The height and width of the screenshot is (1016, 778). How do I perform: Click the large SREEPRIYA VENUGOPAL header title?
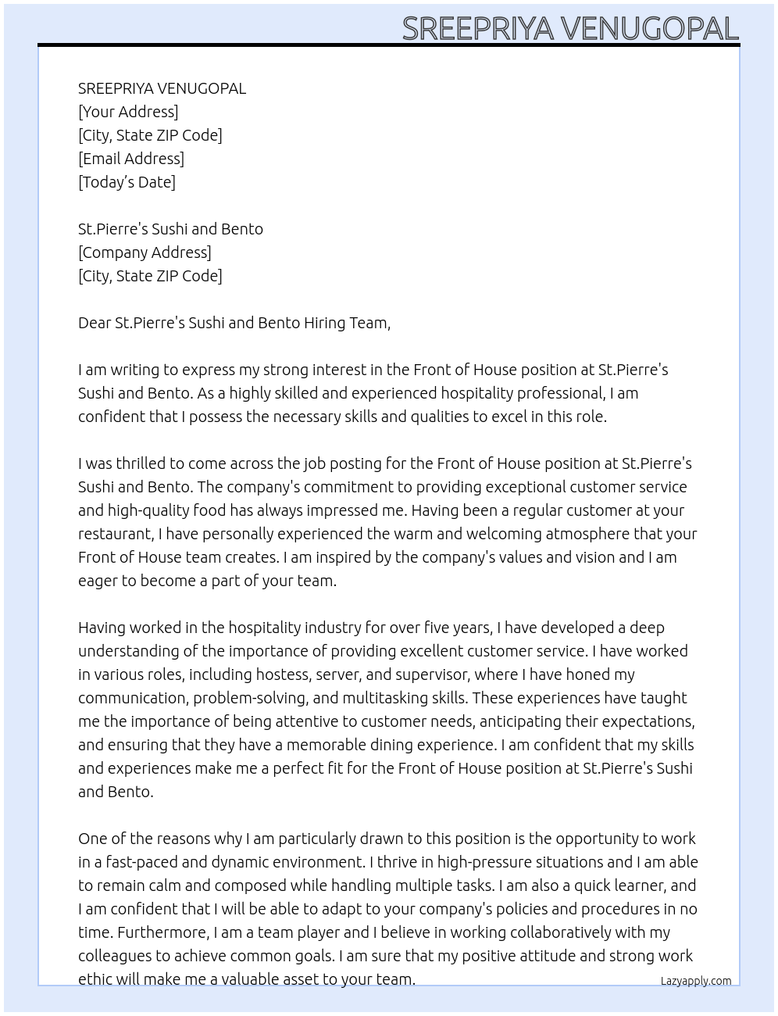(x=570, y=29)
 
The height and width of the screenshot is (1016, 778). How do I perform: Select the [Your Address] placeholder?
(x=128, y=112)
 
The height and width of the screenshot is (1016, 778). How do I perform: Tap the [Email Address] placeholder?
(x=131, y=159)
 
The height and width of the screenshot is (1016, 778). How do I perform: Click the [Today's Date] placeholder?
(x=127, y=182)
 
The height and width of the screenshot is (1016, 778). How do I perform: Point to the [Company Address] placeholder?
(x=145, y=252)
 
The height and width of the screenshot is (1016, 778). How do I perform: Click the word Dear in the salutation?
(x=95, y=323)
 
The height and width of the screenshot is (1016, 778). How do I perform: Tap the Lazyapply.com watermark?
(x=696, y=981)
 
